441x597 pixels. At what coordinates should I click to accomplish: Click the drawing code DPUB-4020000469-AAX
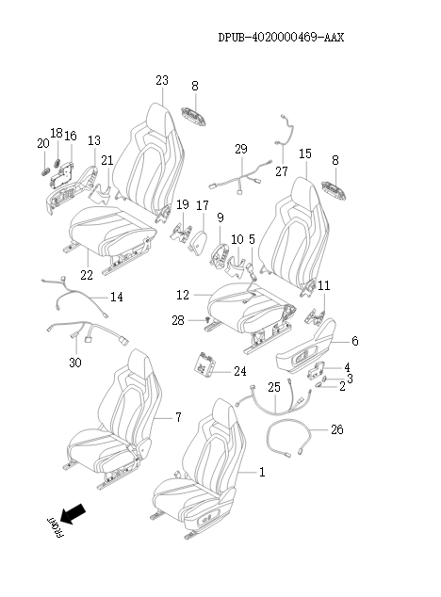pyautogui.click(x=281, y=38)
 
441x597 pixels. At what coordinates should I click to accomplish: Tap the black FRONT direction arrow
pyautogui.click(x=73, y=513)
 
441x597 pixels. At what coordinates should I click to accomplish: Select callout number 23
pyautogui.click(x=162, y=80)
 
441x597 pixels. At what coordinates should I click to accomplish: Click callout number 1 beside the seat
pyautogui.click(x=262, y=472)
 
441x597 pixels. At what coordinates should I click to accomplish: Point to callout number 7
pyautogui.click(x=178, y=418)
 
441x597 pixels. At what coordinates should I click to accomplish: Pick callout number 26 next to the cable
pyautogui.click(x=337, y=429)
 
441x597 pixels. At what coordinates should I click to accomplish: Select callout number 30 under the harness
pyautogui.click(x=75, y=363)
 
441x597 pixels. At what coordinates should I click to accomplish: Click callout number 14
pyautogui.click(x=117, y=297)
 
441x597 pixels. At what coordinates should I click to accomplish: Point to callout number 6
pyautogui.click(x=355, y=341)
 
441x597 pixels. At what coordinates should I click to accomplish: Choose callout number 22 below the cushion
pyautogui.click(x=87, y=275)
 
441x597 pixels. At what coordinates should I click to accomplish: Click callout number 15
pyautogui.click(x=305, y=153)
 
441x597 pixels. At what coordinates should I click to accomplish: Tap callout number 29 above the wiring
pyautogui.click(x=241, y=149)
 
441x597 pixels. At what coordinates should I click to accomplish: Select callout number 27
pyautogui.click(x=282, y=171)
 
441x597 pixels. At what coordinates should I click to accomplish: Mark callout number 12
pyautogui.click(x=183, y=295)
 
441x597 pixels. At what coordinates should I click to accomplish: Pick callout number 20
pyautogui.click(x=43, y=143)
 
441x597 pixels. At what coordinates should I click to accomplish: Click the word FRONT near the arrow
pyautogui.click(x=56, y=527)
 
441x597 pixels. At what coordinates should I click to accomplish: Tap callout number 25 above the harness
pyautogui.click(x=274, y=387)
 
